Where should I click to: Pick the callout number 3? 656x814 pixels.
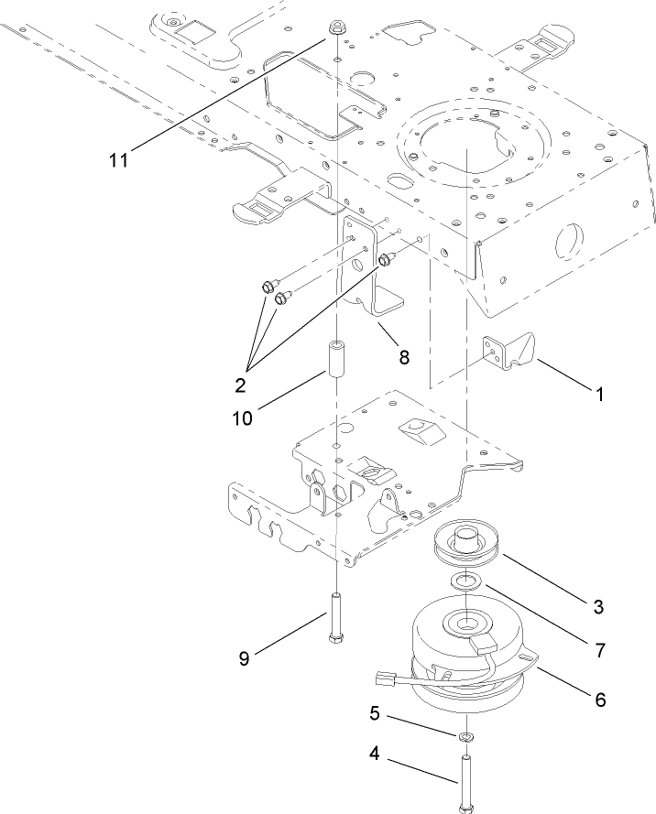pos(596,605)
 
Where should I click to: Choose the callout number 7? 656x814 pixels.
pos(599,651)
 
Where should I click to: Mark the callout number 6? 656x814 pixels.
pos(600,699)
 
